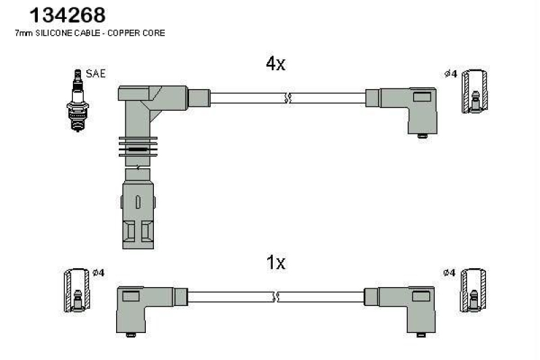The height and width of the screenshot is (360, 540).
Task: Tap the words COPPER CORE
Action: pos(142,32)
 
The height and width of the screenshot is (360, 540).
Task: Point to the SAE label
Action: pos(96,74)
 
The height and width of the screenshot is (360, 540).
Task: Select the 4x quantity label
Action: pos(275,64)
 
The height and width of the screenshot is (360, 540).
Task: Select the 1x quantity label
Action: pos(275,263)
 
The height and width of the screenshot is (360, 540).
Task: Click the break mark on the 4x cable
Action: pos(288,98)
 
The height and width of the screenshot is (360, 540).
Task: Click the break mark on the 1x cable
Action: pos(275,297)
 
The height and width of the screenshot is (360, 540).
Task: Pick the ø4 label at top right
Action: pos(451,74)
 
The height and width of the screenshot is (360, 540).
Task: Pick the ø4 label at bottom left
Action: pos(97,273)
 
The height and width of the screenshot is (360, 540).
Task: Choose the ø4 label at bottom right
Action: pos(450,273)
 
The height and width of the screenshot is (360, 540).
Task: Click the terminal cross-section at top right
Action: pos(475,91)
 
